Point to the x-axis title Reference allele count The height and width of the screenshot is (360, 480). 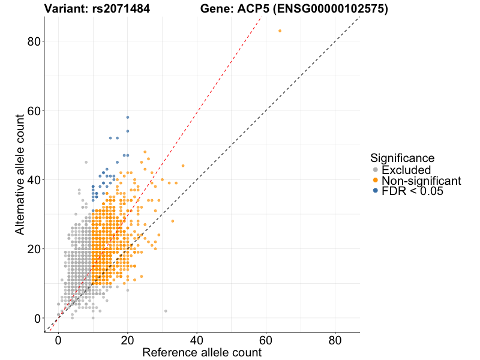click(x=202, y=352)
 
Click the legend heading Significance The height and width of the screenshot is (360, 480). click(x=402, y=158)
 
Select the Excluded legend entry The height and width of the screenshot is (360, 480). click(x=406, y=170)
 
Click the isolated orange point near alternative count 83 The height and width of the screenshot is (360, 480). click(x=280, y=31)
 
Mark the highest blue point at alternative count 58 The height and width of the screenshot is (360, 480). click(x=127, y=117)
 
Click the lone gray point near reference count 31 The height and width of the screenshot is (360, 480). click(x=166, y=311)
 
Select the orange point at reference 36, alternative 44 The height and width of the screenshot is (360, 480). click(x=183, y=166)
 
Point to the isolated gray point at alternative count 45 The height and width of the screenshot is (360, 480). click(x=86, y=162)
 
